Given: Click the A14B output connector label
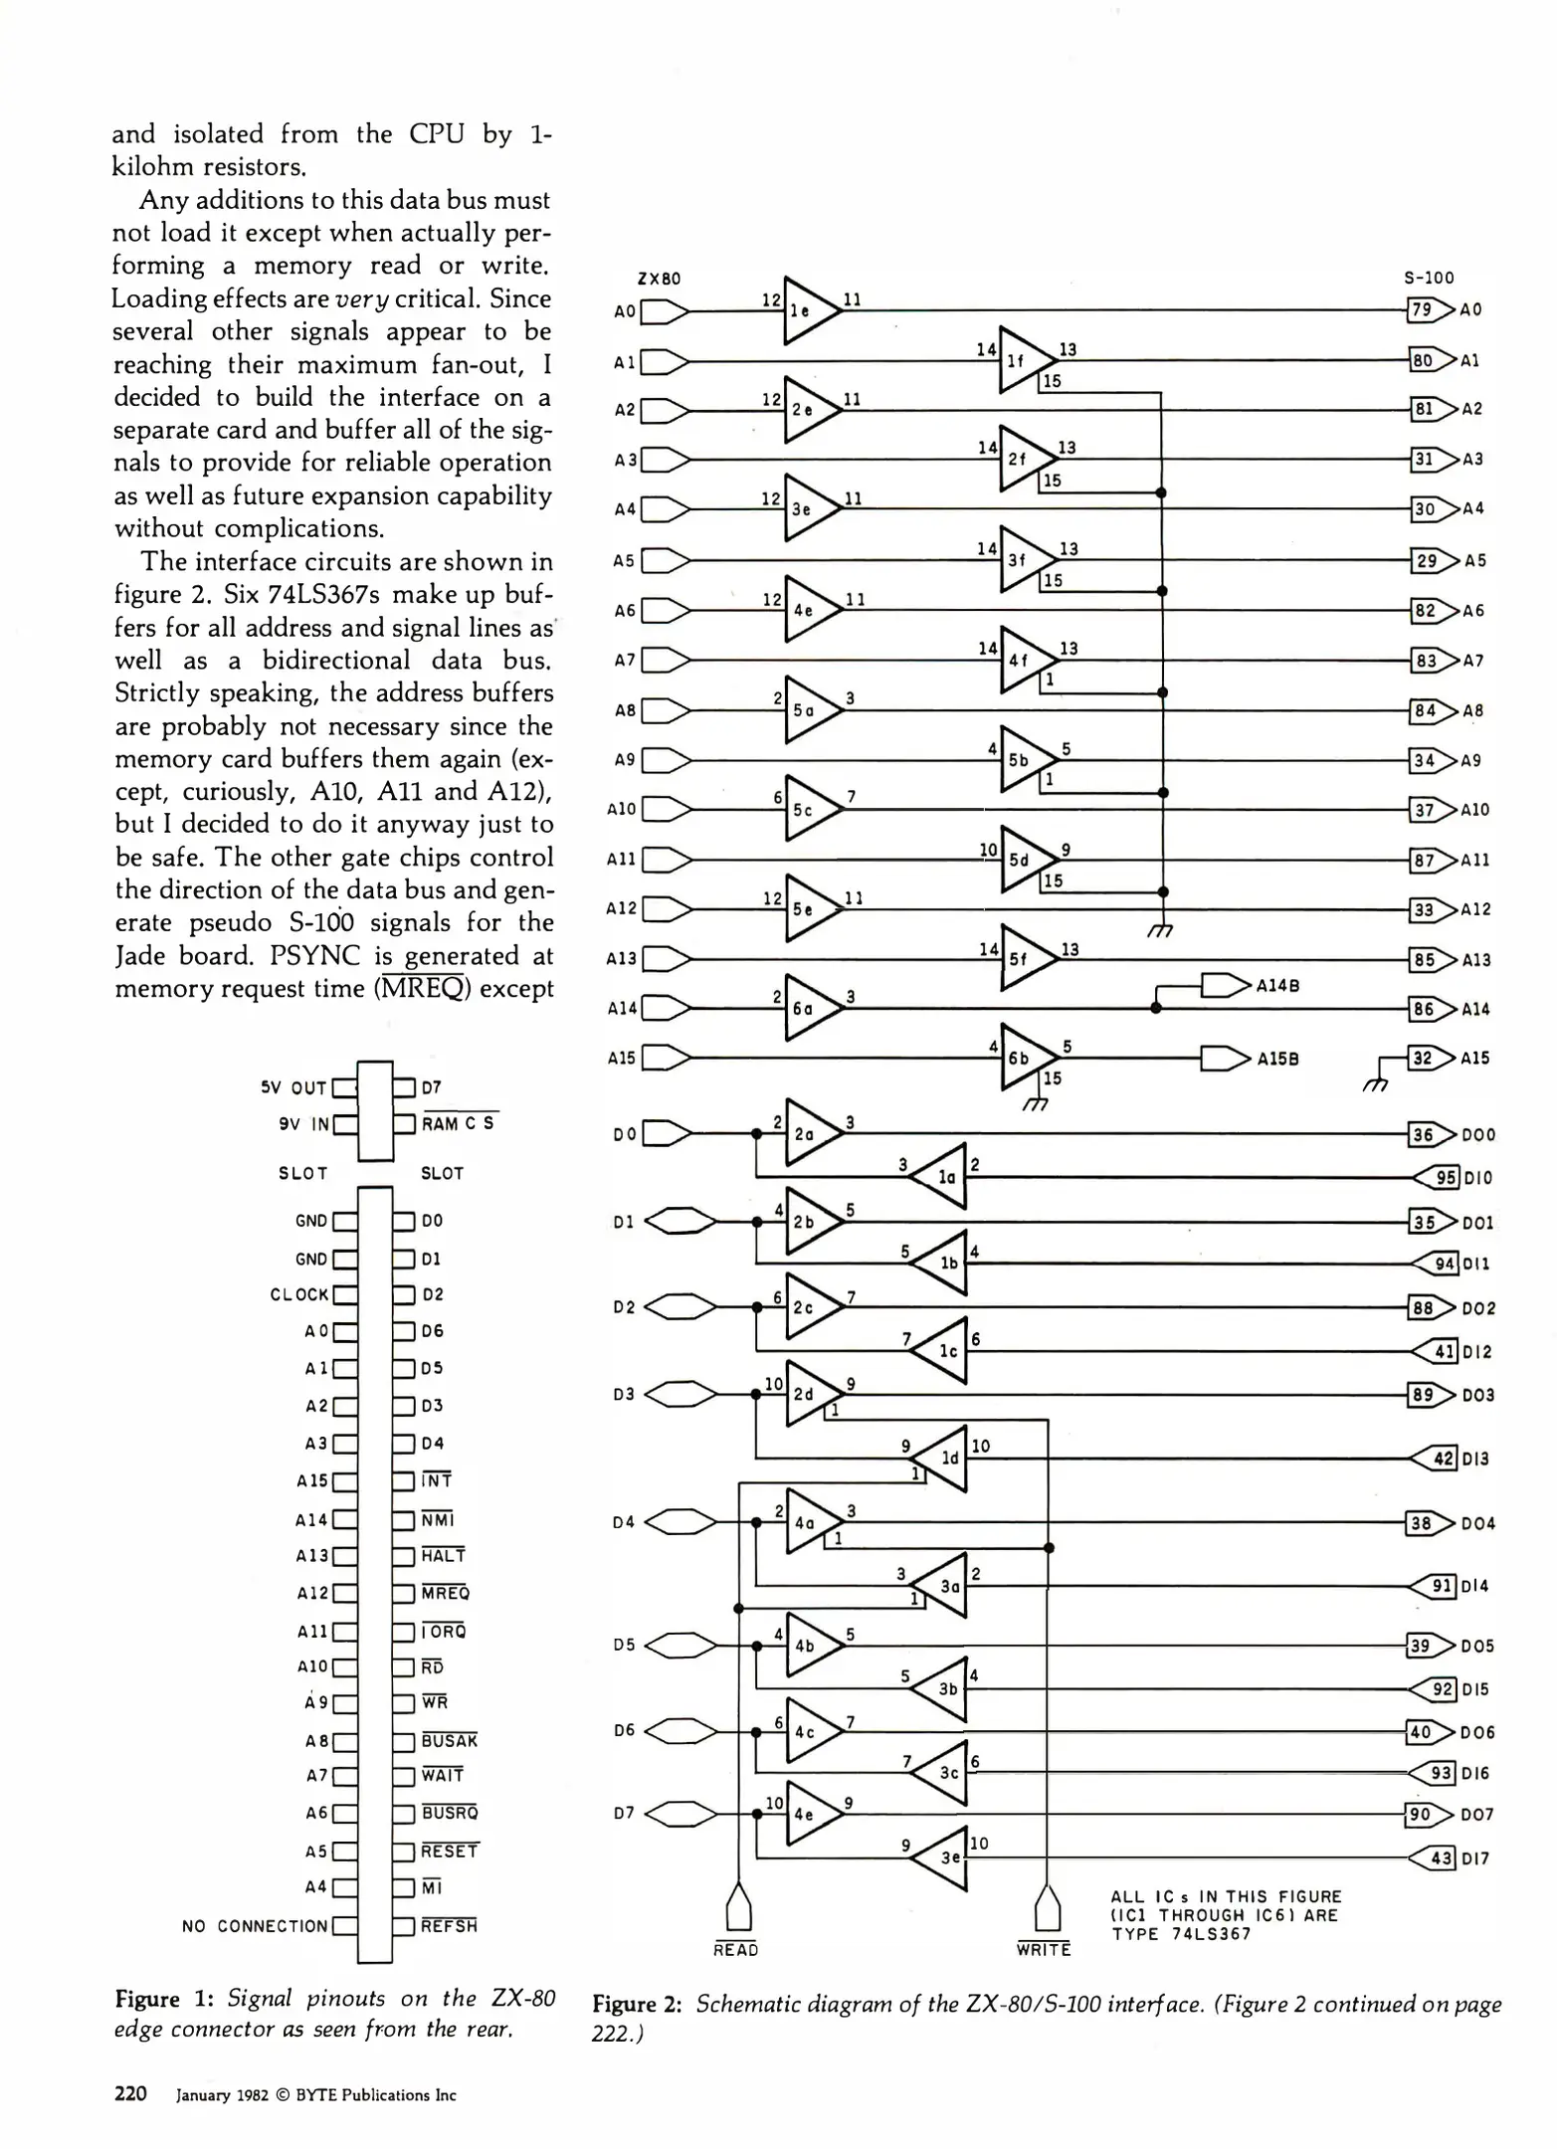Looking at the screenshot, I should coord(1277,985).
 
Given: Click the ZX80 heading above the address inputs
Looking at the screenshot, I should coord(659,279).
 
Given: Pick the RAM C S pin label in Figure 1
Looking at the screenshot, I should coord(458,1123).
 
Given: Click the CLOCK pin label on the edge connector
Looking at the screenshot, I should coord(298,1294).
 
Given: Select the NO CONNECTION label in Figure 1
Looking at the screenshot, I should coord(255,1926).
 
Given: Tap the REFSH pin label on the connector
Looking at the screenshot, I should coord(449,1926).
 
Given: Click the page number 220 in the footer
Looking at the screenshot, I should coord(130,2093).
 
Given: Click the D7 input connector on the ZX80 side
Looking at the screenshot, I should coord(681,1814).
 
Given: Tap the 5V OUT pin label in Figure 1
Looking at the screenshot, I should coord(293,1087).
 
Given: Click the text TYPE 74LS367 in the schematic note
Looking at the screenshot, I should coord(1181,1934).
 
